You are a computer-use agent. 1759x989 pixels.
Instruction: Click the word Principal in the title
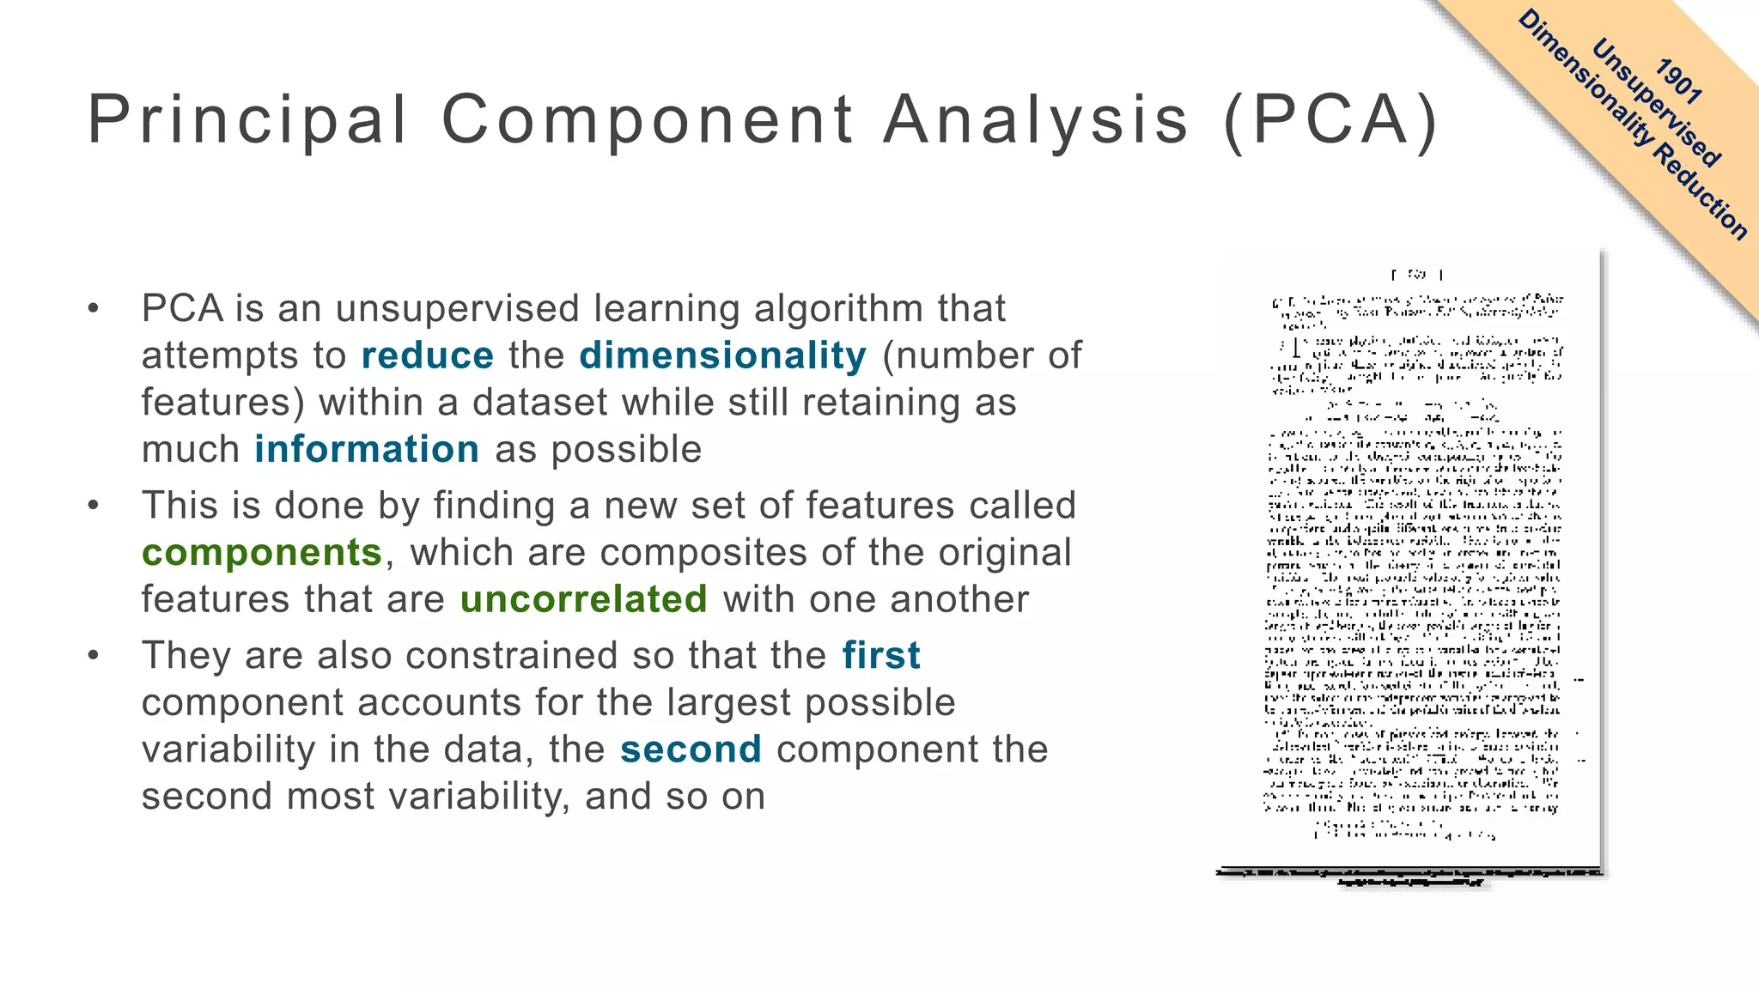[x=247, y=120]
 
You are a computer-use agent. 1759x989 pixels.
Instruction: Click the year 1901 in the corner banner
[x=1679, y=82]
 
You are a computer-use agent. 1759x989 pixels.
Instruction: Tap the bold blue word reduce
[x=428, y=355]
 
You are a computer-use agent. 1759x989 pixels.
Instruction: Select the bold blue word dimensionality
[x=723, y=355]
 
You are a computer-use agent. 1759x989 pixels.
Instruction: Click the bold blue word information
[x=367, y=449]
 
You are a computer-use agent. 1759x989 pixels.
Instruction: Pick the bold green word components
[x=262, y=552]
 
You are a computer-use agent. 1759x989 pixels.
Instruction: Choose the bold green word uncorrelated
[x=584, y=599]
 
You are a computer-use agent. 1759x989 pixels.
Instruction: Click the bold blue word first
[x=881, y=655]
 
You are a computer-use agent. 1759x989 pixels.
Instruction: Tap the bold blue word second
[x=691, y=749]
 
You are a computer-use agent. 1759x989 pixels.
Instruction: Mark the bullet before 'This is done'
[x=94, y=506]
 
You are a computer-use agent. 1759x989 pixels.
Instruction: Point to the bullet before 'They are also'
[x=94, y=656]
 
